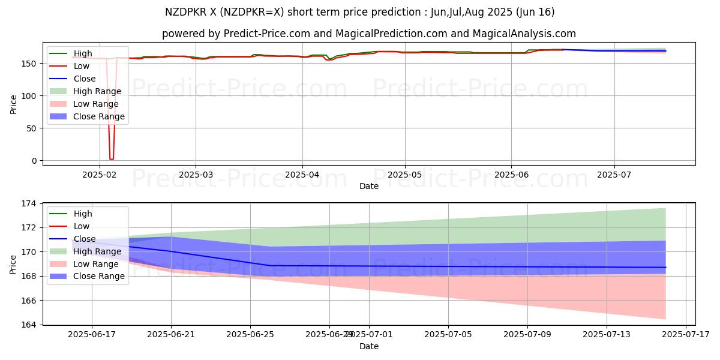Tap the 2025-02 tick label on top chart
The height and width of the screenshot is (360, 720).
coord(100,175)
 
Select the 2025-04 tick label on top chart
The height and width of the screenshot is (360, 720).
coord(302,175)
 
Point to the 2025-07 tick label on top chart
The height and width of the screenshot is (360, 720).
coord(614,175)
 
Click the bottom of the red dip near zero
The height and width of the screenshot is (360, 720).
coord(111,159)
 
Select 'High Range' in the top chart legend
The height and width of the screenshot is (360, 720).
coord(97,91)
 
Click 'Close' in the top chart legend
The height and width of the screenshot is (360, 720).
coord(85,79)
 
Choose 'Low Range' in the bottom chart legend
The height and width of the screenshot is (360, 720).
coord(96,264)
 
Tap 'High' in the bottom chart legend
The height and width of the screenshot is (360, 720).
coord(83,214)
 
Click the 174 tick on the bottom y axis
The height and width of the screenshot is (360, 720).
coord(30,203)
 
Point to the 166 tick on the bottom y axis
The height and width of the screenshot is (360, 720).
coord(30,301)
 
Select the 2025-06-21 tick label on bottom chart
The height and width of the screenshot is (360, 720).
coord(171,335)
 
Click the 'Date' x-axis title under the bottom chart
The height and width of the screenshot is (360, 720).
coord(369,347)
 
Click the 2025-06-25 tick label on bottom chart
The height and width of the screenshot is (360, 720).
coord(250,335)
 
